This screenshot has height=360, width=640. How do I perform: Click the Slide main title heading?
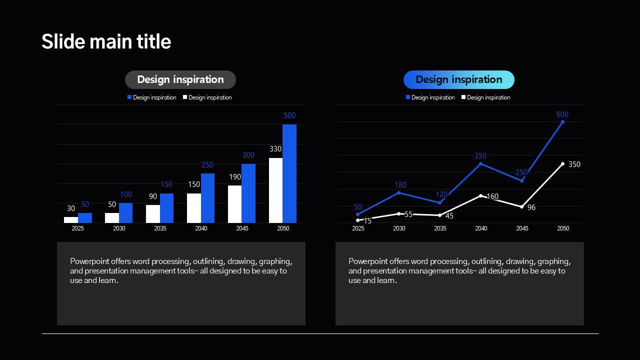pos(106,41)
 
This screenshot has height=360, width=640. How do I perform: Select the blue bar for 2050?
pos(289,173)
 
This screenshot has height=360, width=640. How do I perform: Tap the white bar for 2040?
pos(194,208)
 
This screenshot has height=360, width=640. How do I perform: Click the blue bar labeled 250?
pos(207,198)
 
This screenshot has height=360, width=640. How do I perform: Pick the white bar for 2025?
pos(71,219)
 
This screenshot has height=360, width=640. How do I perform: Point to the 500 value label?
pos(289,115)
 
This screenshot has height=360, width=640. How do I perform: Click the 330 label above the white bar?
pos(275,149)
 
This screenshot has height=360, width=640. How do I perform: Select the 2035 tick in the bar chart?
pos(160,228)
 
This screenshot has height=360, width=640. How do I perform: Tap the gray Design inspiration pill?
pos(180,79)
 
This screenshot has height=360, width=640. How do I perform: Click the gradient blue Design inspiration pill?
pos(458,79)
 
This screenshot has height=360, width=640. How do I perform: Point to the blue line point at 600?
pos(562,121)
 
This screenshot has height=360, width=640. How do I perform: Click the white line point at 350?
pos(562,163)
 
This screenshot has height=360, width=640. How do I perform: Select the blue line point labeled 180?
pos(399,192)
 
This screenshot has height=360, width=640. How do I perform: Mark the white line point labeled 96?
pos(521,206)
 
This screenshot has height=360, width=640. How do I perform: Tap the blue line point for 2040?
pos(481,163)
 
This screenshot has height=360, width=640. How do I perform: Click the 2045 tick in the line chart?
pos(522,228)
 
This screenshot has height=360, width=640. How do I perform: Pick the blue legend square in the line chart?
pos(408,97)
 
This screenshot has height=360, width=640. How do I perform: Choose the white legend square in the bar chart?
pos(185,97)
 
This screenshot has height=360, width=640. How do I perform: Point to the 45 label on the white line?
pos(449,216)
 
